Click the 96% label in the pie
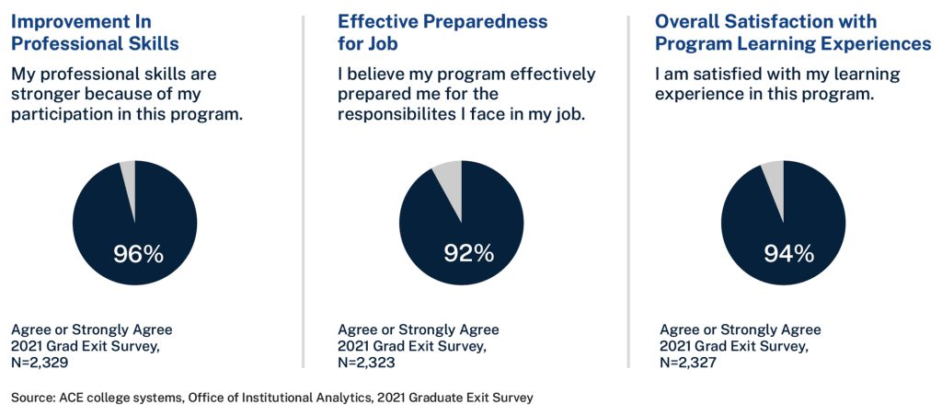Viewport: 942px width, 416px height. tap(138, 254)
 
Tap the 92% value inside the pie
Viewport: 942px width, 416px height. tap(468, 254)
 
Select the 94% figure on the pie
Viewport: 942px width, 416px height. tap(788, 254)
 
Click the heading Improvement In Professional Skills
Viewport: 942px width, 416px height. tap(95, 32)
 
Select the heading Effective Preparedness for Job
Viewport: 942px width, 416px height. tap(442, 32)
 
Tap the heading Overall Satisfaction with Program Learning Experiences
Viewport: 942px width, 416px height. tap(793, 32)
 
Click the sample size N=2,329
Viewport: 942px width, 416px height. tap(40, 363)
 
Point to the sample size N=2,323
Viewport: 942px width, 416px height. tap(367, 363)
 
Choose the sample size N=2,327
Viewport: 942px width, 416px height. tap(689, 363)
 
